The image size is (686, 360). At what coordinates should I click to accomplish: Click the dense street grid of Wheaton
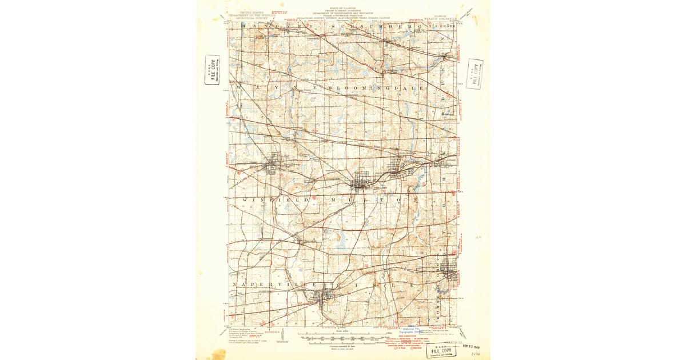[362, 182]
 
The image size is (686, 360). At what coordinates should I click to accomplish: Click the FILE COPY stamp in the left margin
[212, 70]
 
